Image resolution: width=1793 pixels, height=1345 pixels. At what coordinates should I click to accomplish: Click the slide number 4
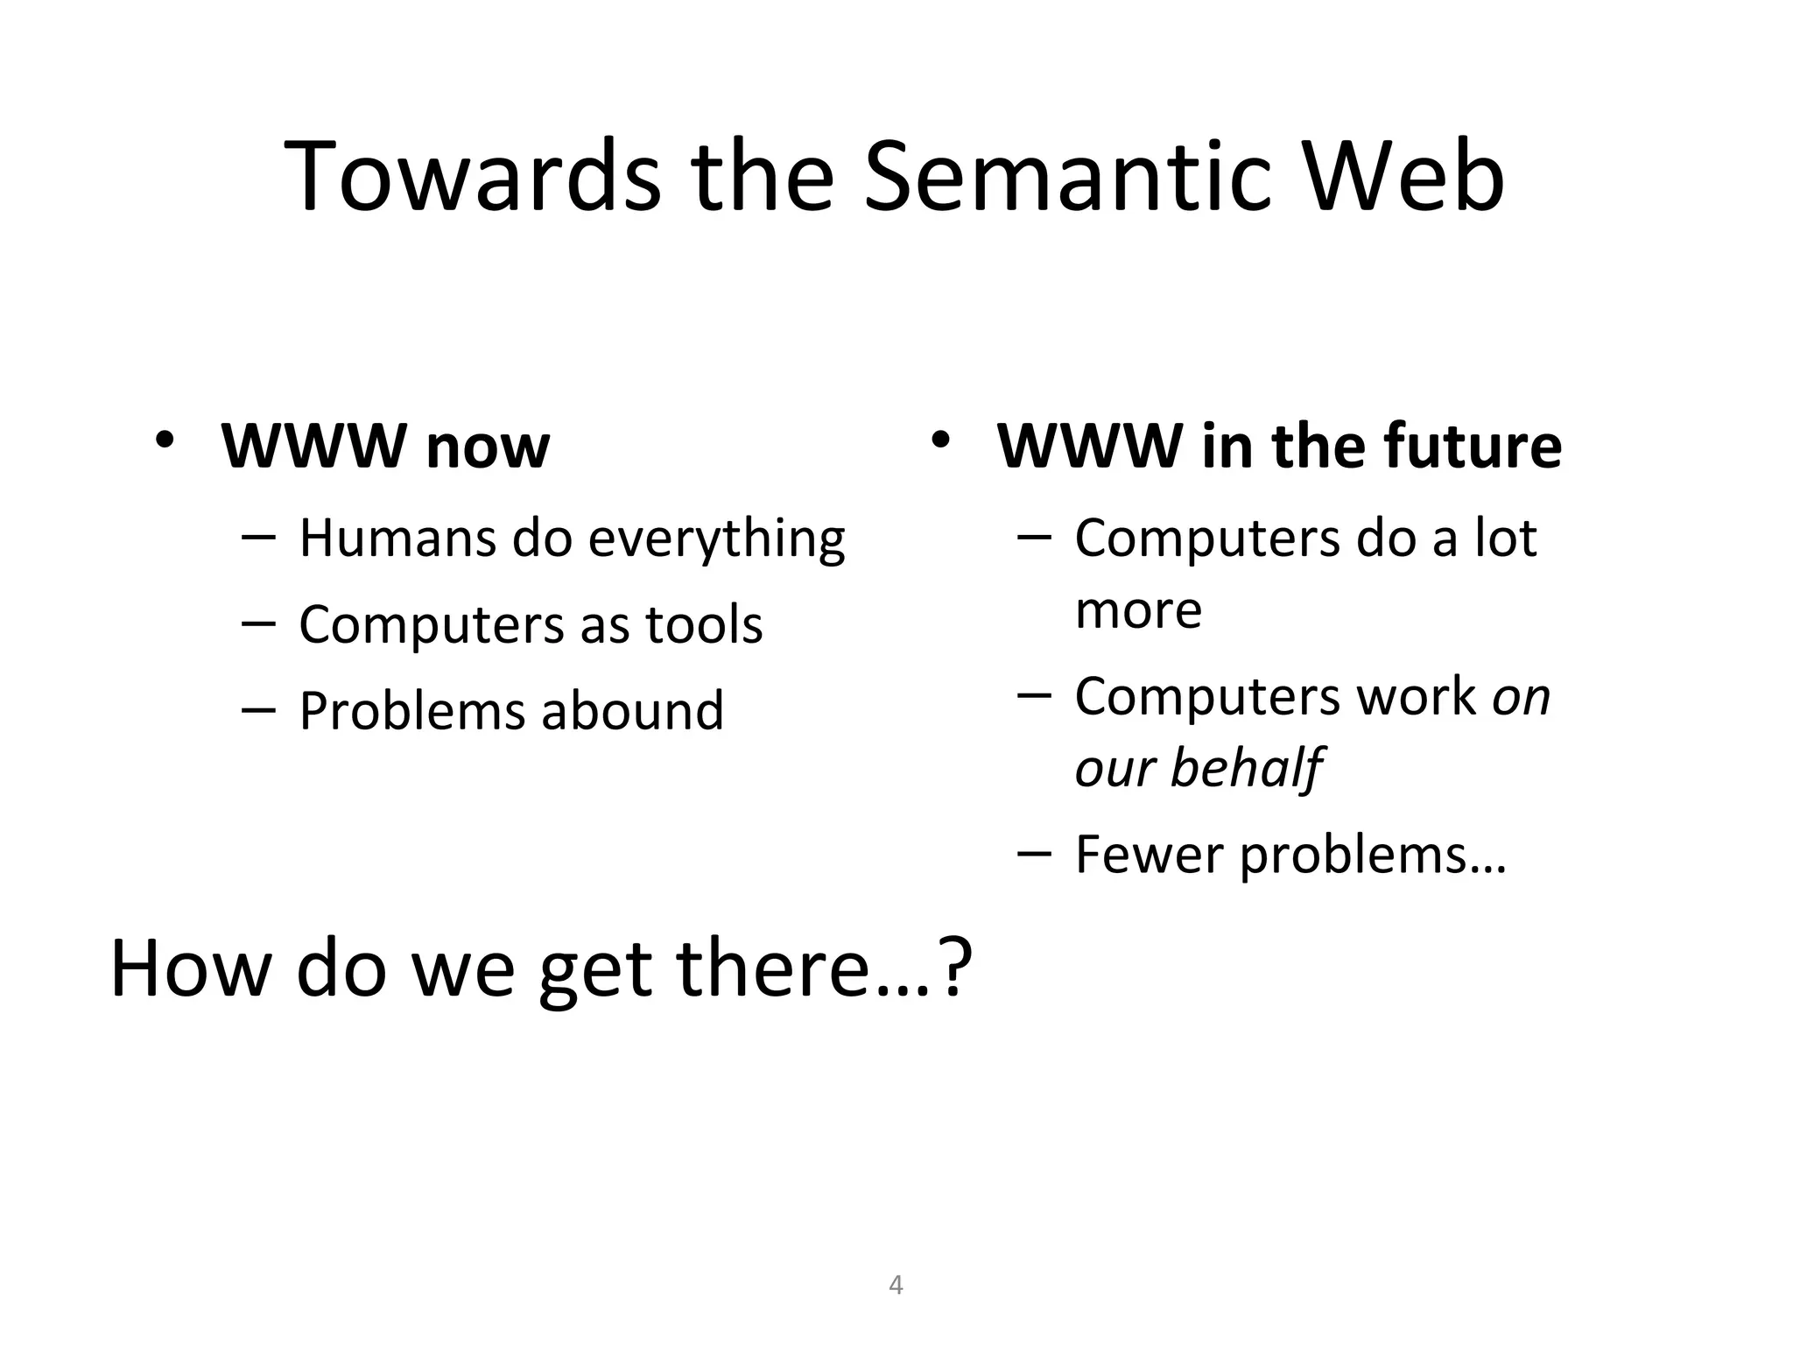(896, 1285)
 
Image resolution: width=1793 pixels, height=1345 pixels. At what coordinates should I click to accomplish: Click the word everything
(716, 539)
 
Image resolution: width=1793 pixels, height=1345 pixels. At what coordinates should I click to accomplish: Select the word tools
(704, 624)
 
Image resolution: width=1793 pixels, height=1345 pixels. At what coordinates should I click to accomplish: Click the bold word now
(488, 447)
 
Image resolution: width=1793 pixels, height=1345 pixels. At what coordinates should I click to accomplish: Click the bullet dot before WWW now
(165, 440)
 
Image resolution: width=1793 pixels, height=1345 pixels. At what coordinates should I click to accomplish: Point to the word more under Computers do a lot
(1138, 610)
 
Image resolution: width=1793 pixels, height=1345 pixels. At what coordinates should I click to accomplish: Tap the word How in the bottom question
(190, 968)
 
